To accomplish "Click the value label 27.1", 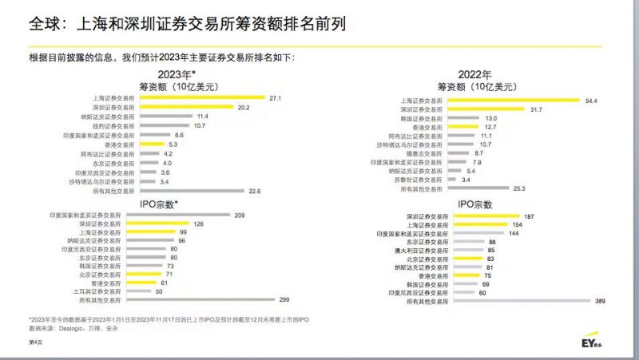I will tap(276, 97).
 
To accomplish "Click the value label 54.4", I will tap(591, 101).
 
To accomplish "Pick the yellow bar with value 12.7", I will tap(466, 127).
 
